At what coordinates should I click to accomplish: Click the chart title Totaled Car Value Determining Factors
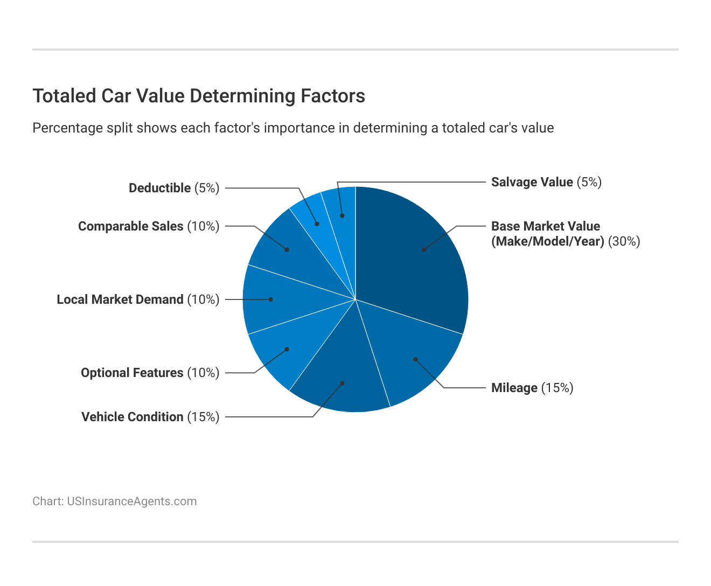[199, 96]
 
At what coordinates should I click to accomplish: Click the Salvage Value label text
[532, 182]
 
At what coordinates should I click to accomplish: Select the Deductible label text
[160, 188]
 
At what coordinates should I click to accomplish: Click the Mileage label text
[514, 388]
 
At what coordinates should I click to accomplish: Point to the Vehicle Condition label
[133, 417]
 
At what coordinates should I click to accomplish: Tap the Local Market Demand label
[120, 299]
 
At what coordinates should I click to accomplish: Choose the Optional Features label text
[132, 373]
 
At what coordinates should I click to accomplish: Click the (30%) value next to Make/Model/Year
[624, 241]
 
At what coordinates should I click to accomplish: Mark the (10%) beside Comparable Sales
[203, 226]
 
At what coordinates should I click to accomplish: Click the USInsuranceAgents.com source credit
[114, 501]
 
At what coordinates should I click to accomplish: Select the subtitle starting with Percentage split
[293, 128]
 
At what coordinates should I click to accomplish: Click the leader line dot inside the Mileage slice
[415, 359]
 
